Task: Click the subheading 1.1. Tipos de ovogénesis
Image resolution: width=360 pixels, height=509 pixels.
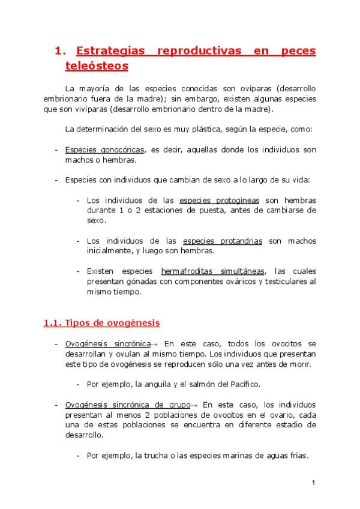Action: [101, 323]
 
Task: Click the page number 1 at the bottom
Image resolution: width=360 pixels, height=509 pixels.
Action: [313, 483]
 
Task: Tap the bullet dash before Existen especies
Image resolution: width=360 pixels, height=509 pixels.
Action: [78, 271]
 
